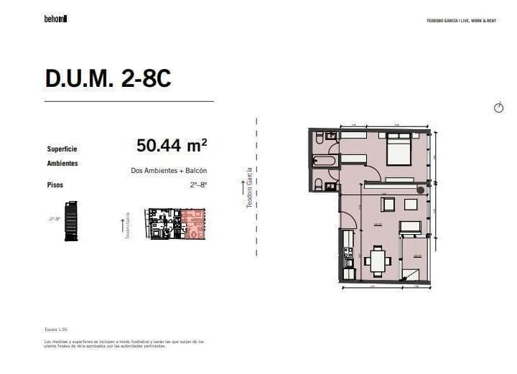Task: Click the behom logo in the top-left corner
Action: pyautogui.click(x=55, y=19)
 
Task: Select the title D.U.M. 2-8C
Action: pyautogui.click(x=108, y=80)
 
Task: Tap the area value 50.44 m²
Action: pyautogui.click(x=172, y=146)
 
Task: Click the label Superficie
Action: pyautogui.click(x=62, y=149)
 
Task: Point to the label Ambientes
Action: pyautogui.click(x=62, y=164)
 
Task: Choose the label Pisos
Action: pyautogui.click(x=55, y=185)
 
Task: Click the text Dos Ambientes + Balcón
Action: pyautogui.click(x=169, y=171)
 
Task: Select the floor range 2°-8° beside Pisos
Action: pyautogui.click(x=198, y=185)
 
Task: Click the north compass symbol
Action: pyautogui.click(x=499, y=108)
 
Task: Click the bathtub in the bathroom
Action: pyautogui.click(x=324, y=160)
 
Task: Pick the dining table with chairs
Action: pyautogui.click(x=378, y=260)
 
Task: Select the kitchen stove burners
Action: pyautogui.click(x=348, y=253)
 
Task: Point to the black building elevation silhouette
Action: pyautogui.click(x=70, y=221)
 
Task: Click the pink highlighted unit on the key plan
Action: pyautogui.click(x=193, y=223)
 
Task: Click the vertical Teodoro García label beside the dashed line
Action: pyautogui.click(x=249, y=188)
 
